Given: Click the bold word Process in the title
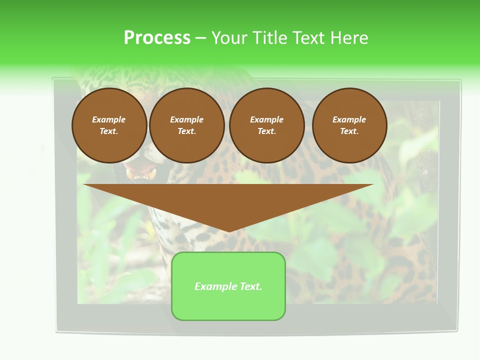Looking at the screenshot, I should point(157,38).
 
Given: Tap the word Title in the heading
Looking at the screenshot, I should point(269,38).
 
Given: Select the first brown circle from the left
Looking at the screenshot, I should point(109,125).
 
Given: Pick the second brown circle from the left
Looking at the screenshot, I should point(186,125).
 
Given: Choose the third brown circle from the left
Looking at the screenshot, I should point(266,125).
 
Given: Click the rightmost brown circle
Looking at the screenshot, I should point(349,125).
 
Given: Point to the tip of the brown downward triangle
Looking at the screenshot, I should point(229,231).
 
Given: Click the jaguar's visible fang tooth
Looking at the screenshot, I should point(130,174).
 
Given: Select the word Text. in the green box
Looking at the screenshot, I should point(250,286).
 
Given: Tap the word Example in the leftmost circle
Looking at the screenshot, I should point(109,119).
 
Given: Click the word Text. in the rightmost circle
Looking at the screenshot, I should point(349,131).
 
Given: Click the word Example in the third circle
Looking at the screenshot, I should point(266,119).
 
